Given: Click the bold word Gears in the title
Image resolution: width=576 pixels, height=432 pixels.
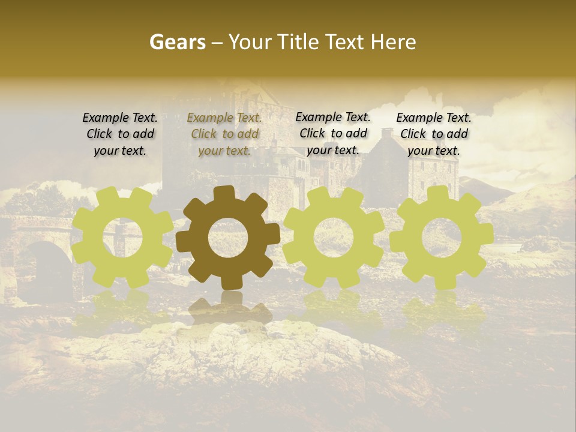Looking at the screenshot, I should tap(177, 42).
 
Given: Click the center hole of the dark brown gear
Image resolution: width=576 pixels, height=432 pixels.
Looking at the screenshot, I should tap(228, 238).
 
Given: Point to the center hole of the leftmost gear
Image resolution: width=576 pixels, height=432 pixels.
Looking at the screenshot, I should tap(122, 238).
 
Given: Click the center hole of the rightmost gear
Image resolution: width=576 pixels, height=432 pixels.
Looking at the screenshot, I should tap(441, 238).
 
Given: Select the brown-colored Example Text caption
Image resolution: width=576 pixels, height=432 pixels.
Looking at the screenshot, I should tap(224, 134).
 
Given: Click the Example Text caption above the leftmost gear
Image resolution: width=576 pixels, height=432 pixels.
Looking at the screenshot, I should tap(120, 134).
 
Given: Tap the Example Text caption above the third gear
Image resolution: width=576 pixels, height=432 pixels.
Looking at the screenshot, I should tap(333, 133).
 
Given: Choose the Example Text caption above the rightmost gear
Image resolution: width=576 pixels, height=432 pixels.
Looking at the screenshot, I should tap(434, 134).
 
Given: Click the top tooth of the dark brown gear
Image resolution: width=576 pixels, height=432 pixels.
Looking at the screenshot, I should tap(224, 193).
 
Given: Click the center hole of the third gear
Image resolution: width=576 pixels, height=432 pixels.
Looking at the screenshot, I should tap(333, 238).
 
